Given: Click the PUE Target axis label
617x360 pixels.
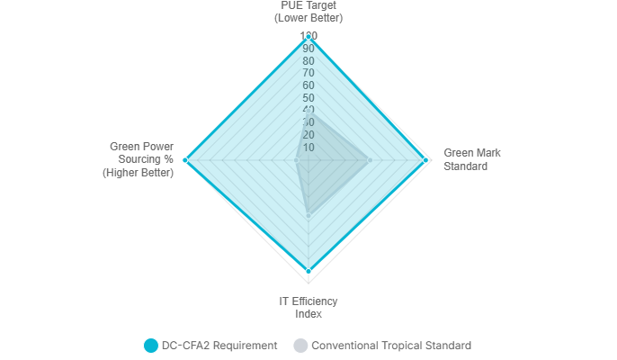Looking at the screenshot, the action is click(x=308, y=12).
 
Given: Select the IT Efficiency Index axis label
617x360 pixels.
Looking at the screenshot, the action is click(x=308, y=307).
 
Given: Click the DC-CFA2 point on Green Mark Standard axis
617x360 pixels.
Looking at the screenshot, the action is click(x=425, y=160).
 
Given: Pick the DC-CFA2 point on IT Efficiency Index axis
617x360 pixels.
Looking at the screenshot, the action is click(x=308, y=271).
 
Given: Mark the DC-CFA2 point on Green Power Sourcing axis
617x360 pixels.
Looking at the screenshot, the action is click(x=185, y=160).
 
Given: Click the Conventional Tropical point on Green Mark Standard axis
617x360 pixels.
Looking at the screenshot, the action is click(x=370, y=160).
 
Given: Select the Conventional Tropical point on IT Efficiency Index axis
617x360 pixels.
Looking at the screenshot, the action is click(x=308, y=215).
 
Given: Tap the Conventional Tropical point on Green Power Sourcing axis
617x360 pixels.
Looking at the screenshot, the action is click(x=296, y=160).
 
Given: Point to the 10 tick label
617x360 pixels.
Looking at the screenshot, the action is click(x=308, y=148).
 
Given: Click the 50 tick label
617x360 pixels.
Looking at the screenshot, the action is click(x=308, y=97).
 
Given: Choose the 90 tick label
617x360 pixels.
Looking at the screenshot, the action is click(x=308, y=48).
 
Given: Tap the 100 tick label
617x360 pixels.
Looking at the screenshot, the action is click(x=308, y=36).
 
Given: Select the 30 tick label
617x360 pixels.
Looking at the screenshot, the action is click(x=308, y=122).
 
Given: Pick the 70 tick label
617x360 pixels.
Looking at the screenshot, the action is click(x=308, y=73).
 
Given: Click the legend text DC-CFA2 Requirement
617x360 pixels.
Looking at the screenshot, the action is click(x=219, y=346).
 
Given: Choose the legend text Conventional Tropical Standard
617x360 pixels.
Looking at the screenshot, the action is click(x=391, y=346).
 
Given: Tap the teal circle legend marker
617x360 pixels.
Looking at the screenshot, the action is click(x=150, y=346).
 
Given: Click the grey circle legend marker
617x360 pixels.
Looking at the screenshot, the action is click(x=300, y=346).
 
